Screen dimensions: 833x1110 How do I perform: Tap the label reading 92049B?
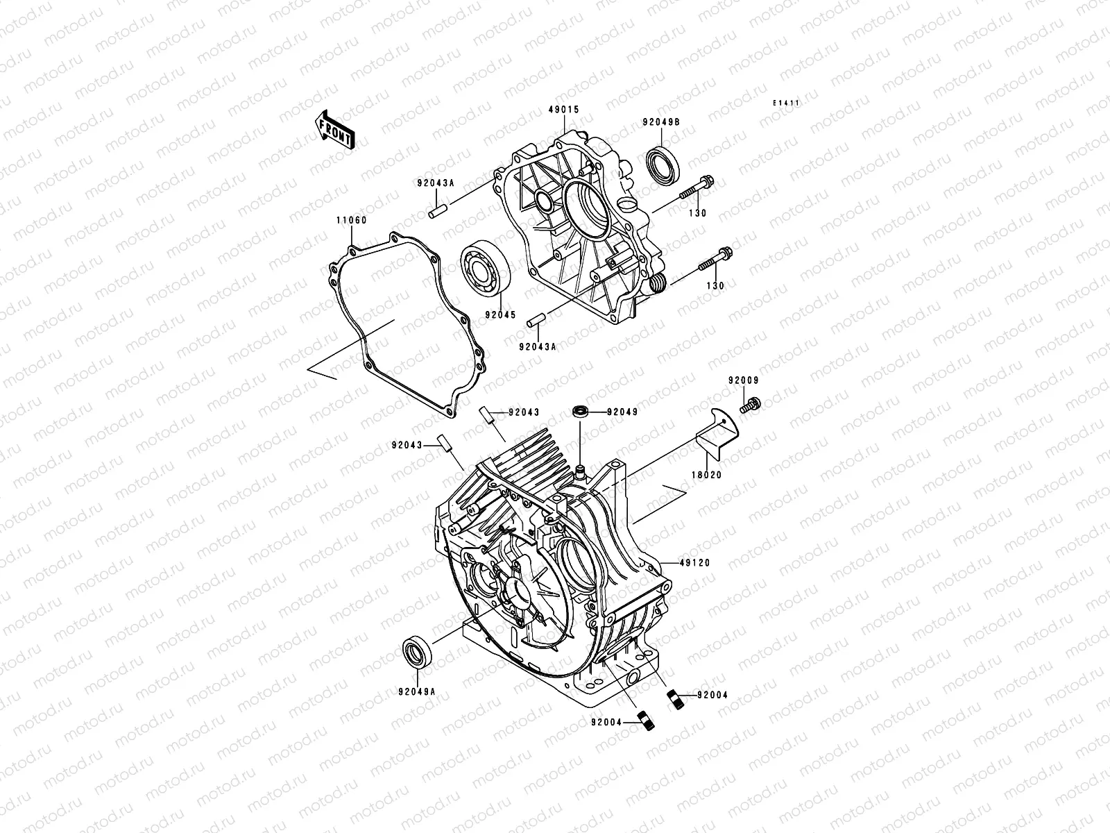(660, 121)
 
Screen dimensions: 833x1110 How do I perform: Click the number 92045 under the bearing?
(501, 314)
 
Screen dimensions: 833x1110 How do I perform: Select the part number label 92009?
(743, 380)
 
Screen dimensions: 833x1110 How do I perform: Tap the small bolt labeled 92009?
(749, 404)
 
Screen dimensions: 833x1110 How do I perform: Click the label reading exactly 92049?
(622, 412)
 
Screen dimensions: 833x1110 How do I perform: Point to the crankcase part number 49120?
(695, 563)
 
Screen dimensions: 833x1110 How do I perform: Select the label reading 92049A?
(418, 691)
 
